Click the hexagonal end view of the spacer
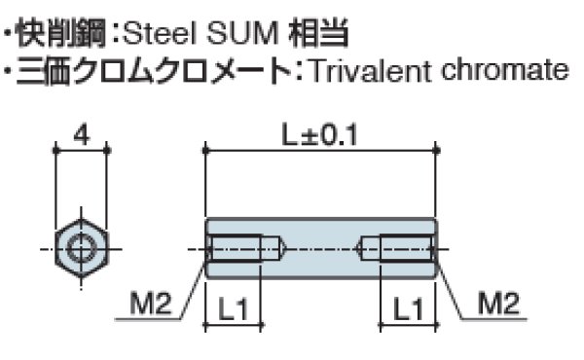(81, 249)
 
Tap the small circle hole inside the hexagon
(81, 249)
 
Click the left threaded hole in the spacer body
(244, 249)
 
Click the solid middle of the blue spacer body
(321, 249)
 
